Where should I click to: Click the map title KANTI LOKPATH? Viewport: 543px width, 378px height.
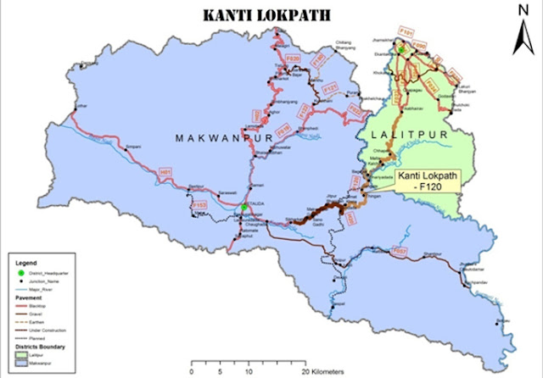click(x=271, y=16)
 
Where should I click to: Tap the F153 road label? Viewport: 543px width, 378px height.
click(x=200, y=204)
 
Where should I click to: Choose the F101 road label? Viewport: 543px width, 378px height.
click(x=406, y=33)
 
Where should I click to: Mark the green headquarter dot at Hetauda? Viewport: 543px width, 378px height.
click(x=244, y=207)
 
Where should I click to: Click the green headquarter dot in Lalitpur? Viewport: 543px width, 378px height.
click(x=402, y=50)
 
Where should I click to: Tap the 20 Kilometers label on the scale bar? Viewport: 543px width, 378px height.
click(x=322, y=370)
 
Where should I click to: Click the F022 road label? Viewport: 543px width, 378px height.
click(x=355, y=111)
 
